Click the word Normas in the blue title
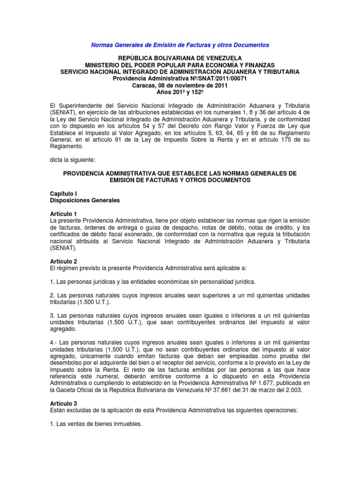[x=102, y=45]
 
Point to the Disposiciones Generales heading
[x=85, y=200]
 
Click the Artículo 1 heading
[x=63, y=214]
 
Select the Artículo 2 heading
[x=63, y=261]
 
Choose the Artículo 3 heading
[x=63, y=403]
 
